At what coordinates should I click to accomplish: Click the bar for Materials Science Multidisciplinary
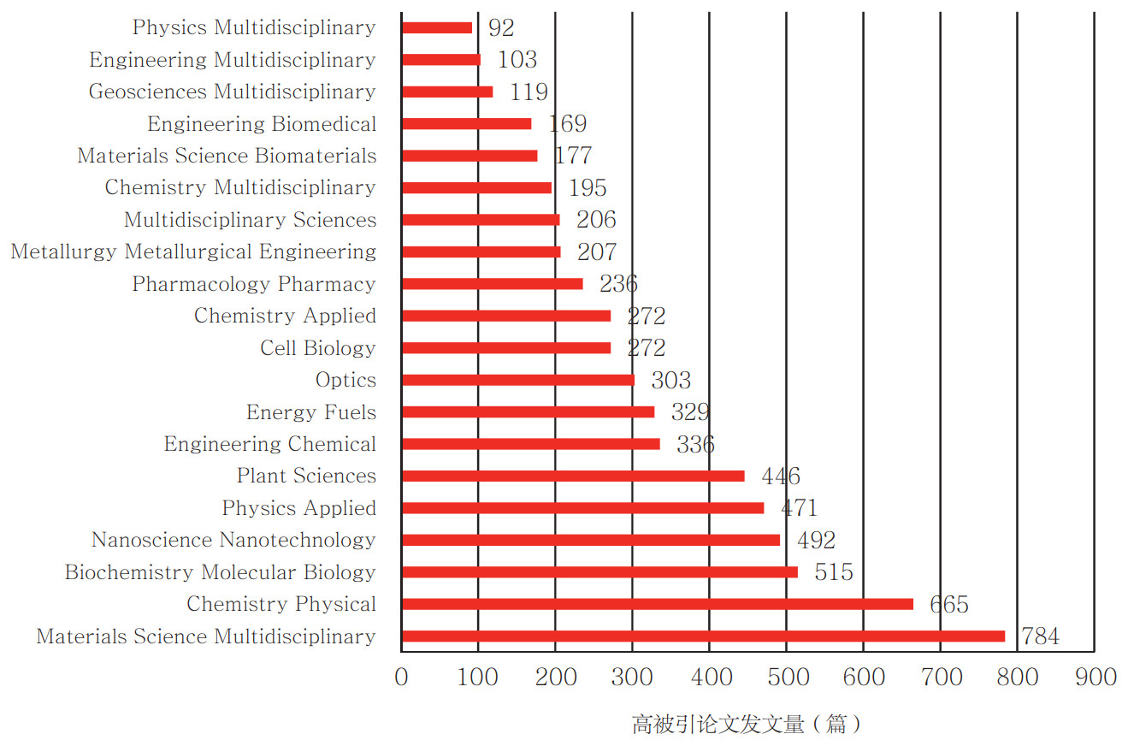click(x=703, y=636)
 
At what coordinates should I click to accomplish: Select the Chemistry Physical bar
click(x=657, y=604)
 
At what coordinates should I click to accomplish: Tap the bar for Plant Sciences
click(x=572, y=476)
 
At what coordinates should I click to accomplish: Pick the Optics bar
click(x=517, y=380)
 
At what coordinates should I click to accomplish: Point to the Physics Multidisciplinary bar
click(x=436, y=27)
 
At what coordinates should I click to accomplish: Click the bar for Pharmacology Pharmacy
click(x=492, y=284)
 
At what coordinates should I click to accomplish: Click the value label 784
click(x=1039, y=636)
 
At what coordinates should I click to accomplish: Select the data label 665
click(x=949, y=605)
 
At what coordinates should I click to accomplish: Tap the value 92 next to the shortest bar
click(x=501, y=27)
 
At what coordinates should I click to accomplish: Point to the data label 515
click(x=834, y=572)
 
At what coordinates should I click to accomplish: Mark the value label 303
click(x=670, y=380)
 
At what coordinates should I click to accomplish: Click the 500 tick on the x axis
click(x=787, y=678)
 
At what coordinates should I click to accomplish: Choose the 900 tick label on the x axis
click(x=1096, y=678)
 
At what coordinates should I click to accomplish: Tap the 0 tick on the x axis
click(x=401, y=678)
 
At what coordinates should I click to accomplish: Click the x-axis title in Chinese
click(x=746, y=724)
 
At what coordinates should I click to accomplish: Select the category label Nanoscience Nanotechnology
click(x=233, y=540)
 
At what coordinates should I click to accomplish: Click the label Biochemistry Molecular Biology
click(x=220, y=572)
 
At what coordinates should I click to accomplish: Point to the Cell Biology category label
click(x=318, y=348)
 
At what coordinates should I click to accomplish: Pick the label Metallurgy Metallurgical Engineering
click(x=193, y=252)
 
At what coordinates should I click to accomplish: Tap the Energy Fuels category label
click(x=311, y=412)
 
